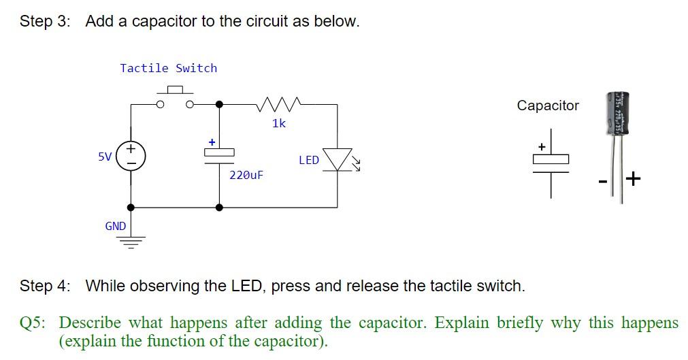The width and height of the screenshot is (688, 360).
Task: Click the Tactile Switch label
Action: pyautogui.click(x=168, y=68)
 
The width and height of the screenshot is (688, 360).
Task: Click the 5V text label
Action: pyautogui.click(x=105, y=157)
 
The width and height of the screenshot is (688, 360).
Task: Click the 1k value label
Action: pyautogui.click(x=279, y=123)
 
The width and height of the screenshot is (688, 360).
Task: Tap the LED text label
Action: pyautogui.click(x=308, y=160)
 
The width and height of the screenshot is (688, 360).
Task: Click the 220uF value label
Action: pyautogui.click(x=246, y=175)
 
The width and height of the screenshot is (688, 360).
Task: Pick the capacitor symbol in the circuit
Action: pyautogui.click(x=219, y=156)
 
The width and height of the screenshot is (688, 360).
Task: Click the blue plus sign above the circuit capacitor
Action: pyautogui.click(x=212, y=142)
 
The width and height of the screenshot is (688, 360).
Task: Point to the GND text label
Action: pyautogui.click(x=115, y=226)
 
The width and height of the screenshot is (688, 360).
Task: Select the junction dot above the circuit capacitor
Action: pyautogui.click(x=219, y=104)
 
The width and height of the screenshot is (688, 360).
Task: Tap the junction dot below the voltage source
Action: pyautogui.click(x=131, y=207)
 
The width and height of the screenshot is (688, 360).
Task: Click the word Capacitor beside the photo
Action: pyautogui.click(x=548, y=105)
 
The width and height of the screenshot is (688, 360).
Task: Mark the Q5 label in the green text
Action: pyautogui.click(x=33, y=323)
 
